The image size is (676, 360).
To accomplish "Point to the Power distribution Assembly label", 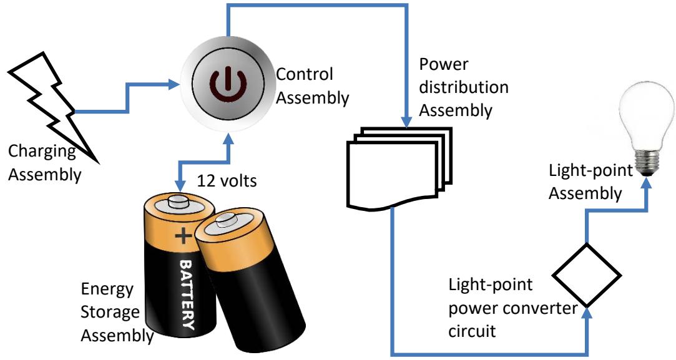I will tap(455, 87).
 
